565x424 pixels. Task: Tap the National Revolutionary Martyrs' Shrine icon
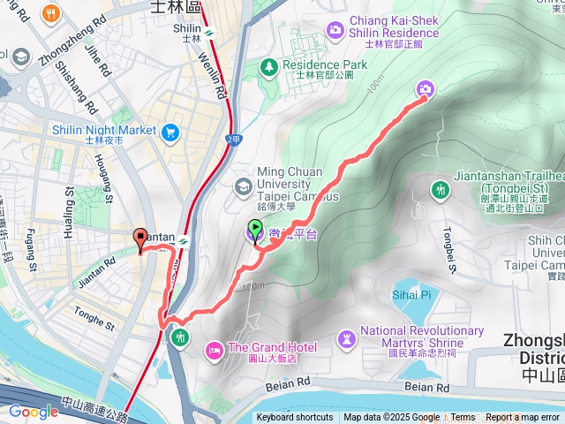click(x=346, y=338)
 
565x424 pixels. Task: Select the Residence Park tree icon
click(x=267, y=66)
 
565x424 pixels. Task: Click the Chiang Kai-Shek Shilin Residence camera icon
click(x=335, y=31)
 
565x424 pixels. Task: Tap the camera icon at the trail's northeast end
click(x=426, y=88)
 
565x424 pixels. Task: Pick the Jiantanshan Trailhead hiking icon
click(x=439, y=189)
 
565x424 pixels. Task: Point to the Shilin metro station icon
click(x=209, y=34)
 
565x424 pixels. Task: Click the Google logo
click(x=33, y=412)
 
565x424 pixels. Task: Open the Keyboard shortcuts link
click(x=295, y=418)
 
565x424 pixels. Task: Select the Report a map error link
click(x=524, y=418)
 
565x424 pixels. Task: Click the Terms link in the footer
click(x=463, y=418)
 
